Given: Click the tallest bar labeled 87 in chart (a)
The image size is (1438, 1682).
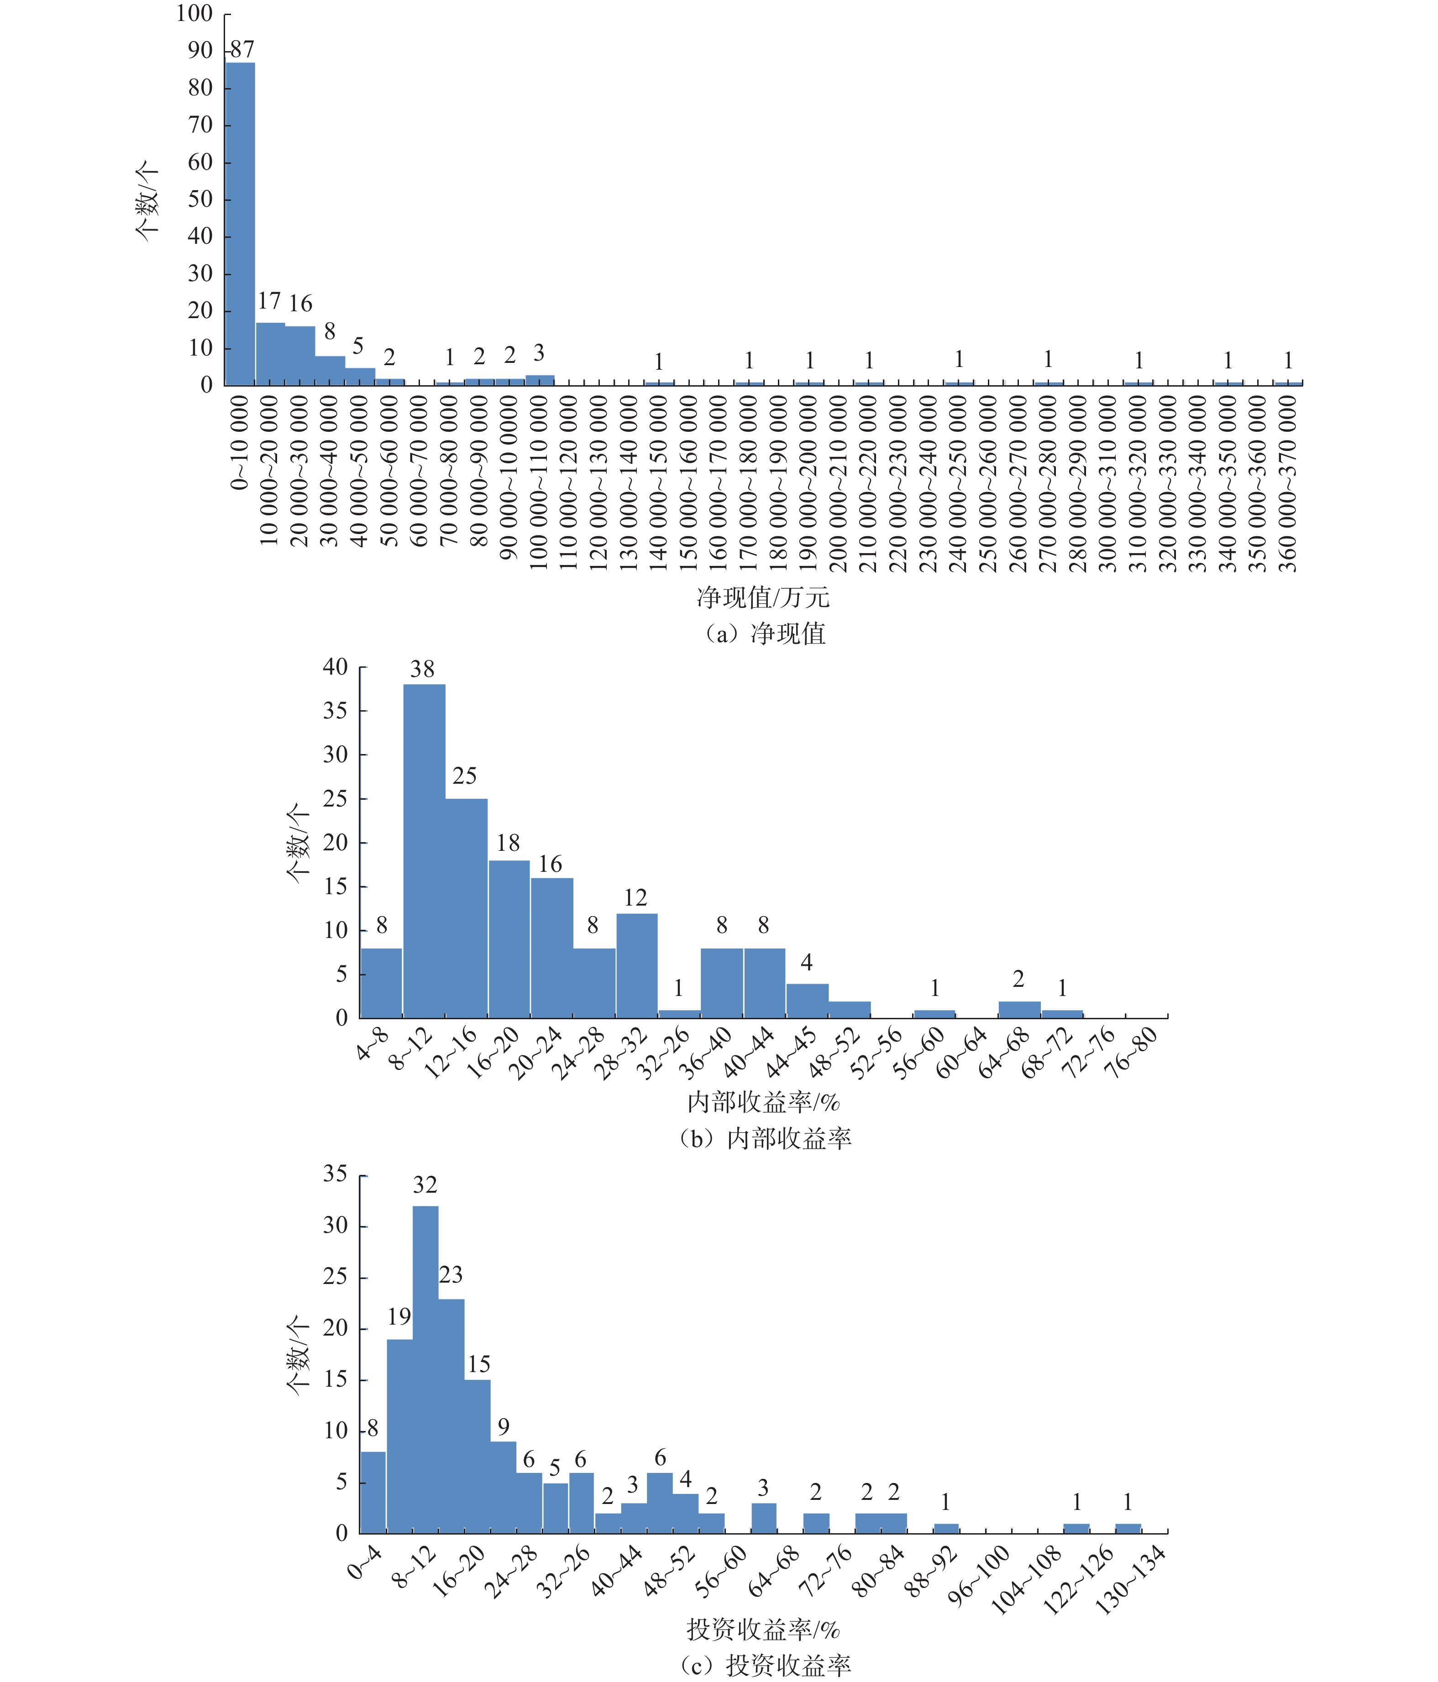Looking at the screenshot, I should click(240, 223).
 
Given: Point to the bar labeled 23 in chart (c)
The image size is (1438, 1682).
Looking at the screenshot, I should click(451, 1416).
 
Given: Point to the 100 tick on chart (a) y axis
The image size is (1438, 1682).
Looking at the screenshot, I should click(195, 14).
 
